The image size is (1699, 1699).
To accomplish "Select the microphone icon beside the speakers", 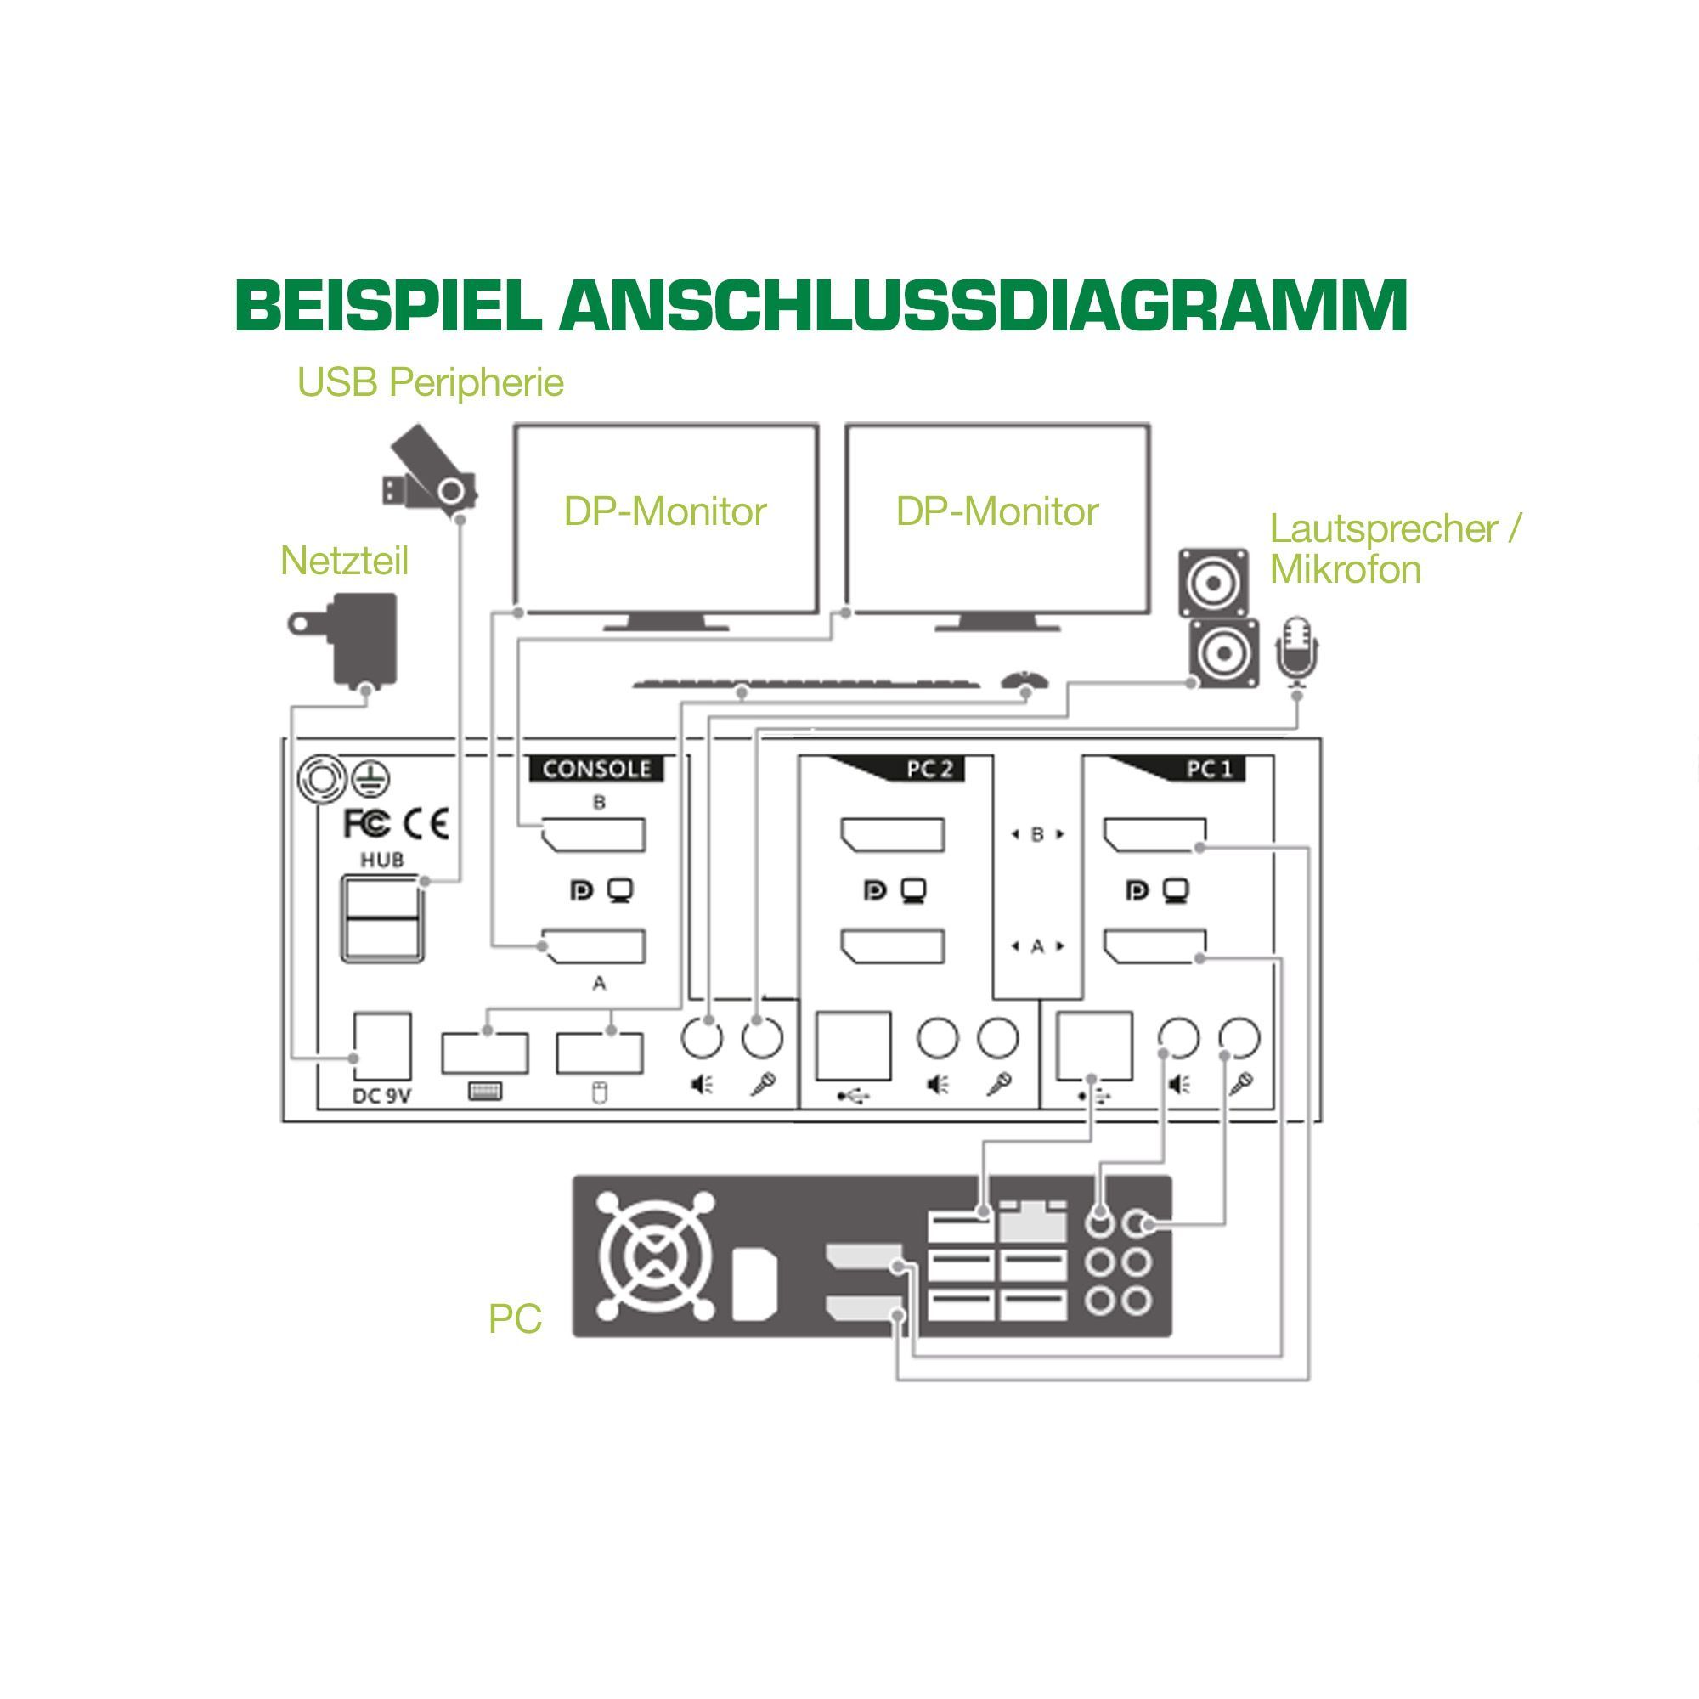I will (x=1297, y=651).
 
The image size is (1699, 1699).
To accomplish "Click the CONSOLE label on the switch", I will (x=596, y=769).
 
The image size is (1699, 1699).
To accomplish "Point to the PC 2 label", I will (x=929, y=769).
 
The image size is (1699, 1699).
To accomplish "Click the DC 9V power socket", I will (x=382, y=1047).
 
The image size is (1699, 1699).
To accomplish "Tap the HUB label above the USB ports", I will (x=381, y=859).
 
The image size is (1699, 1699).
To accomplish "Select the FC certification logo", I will (x=366, y=824).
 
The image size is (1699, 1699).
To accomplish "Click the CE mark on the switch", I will (x=426, y=824).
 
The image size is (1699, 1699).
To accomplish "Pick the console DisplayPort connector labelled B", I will (x=595, y=834).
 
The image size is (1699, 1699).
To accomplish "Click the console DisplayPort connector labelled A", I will (x=595, y=946).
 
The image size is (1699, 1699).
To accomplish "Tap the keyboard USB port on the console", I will (x=484, y=1053).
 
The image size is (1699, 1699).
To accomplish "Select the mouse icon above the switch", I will (x=1024, y=680).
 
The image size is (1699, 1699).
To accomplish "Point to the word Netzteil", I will (x=344, y=561).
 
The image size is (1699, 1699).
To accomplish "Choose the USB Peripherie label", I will (x=430, y=382).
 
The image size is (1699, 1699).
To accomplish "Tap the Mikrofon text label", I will (x=1345, y=570).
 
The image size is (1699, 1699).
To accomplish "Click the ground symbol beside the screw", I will (x=371, y=779).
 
